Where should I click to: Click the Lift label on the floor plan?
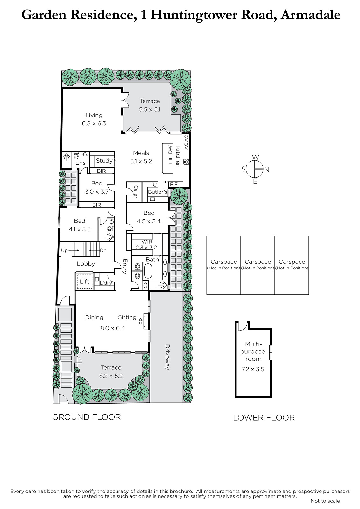(x=84, y=282)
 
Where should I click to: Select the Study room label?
(x=104, y=161)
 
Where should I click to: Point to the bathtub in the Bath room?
(x=148, y=271)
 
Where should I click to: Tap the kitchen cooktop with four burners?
(x=186, y=162)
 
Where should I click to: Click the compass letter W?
(x=256, y=157)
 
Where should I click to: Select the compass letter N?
(x=267, y=170)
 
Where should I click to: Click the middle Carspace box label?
(x=258, y=262)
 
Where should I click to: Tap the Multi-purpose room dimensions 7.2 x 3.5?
(x=253, y=369)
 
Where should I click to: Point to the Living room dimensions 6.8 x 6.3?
(x=94, y=123)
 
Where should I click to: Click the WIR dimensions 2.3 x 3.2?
(x=146, y=248)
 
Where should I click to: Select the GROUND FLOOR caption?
(x=86, y=417)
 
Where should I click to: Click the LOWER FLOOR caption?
(x=264, y=418)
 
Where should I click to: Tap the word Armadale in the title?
(x=310, y=15)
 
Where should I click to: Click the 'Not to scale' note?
(x=325, y=501)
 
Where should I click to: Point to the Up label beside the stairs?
(x=64, y=250)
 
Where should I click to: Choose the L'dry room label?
(x=106, y=283)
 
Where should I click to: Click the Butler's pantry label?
(x=157, y=192)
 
